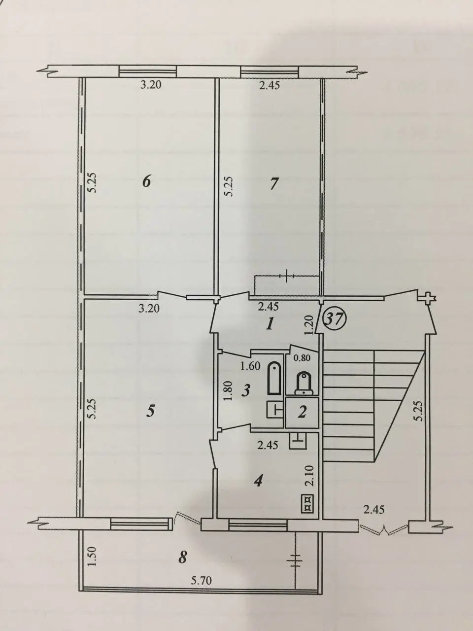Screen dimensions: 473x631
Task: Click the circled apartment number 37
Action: [336, 318]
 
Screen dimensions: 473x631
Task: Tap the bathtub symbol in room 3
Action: [275, 378]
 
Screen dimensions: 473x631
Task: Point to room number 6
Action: [147, 182]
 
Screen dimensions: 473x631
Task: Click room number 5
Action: [150, 411]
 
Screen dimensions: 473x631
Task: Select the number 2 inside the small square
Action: [302, 412]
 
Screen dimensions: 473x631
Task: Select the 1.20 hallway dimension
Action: [308, 325]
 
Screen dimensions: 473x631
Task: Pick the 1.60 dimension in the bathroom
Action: [250, 366]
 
